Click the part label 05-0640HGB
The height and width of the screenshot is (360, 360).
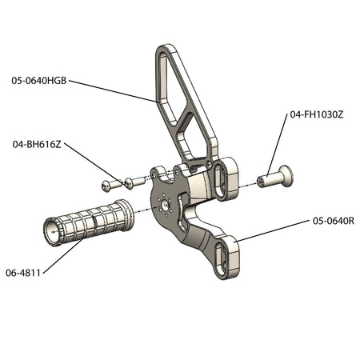pos(39,81)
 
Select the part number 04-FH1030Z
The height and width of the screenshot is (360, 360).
pos(317,114)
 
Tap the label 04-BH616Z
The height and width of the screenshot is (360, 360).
pos(37,145)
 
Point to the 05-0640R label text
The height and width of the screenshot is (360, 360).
pos(334,221)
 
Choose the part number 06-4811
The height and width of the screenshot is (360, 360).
pos(23,273)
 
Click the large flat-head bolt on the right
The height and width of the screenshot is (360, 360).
pos(275,177)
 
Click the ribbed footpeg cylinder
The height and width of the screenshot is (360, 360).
pos(89,222)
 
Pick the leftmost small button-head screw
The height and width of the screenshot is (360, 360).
pos(111,185)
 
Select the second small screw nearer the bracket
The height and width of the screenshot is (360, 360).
pos(135,182)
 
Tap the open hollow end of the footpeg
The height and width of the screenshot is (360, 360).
pos(53,232)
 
